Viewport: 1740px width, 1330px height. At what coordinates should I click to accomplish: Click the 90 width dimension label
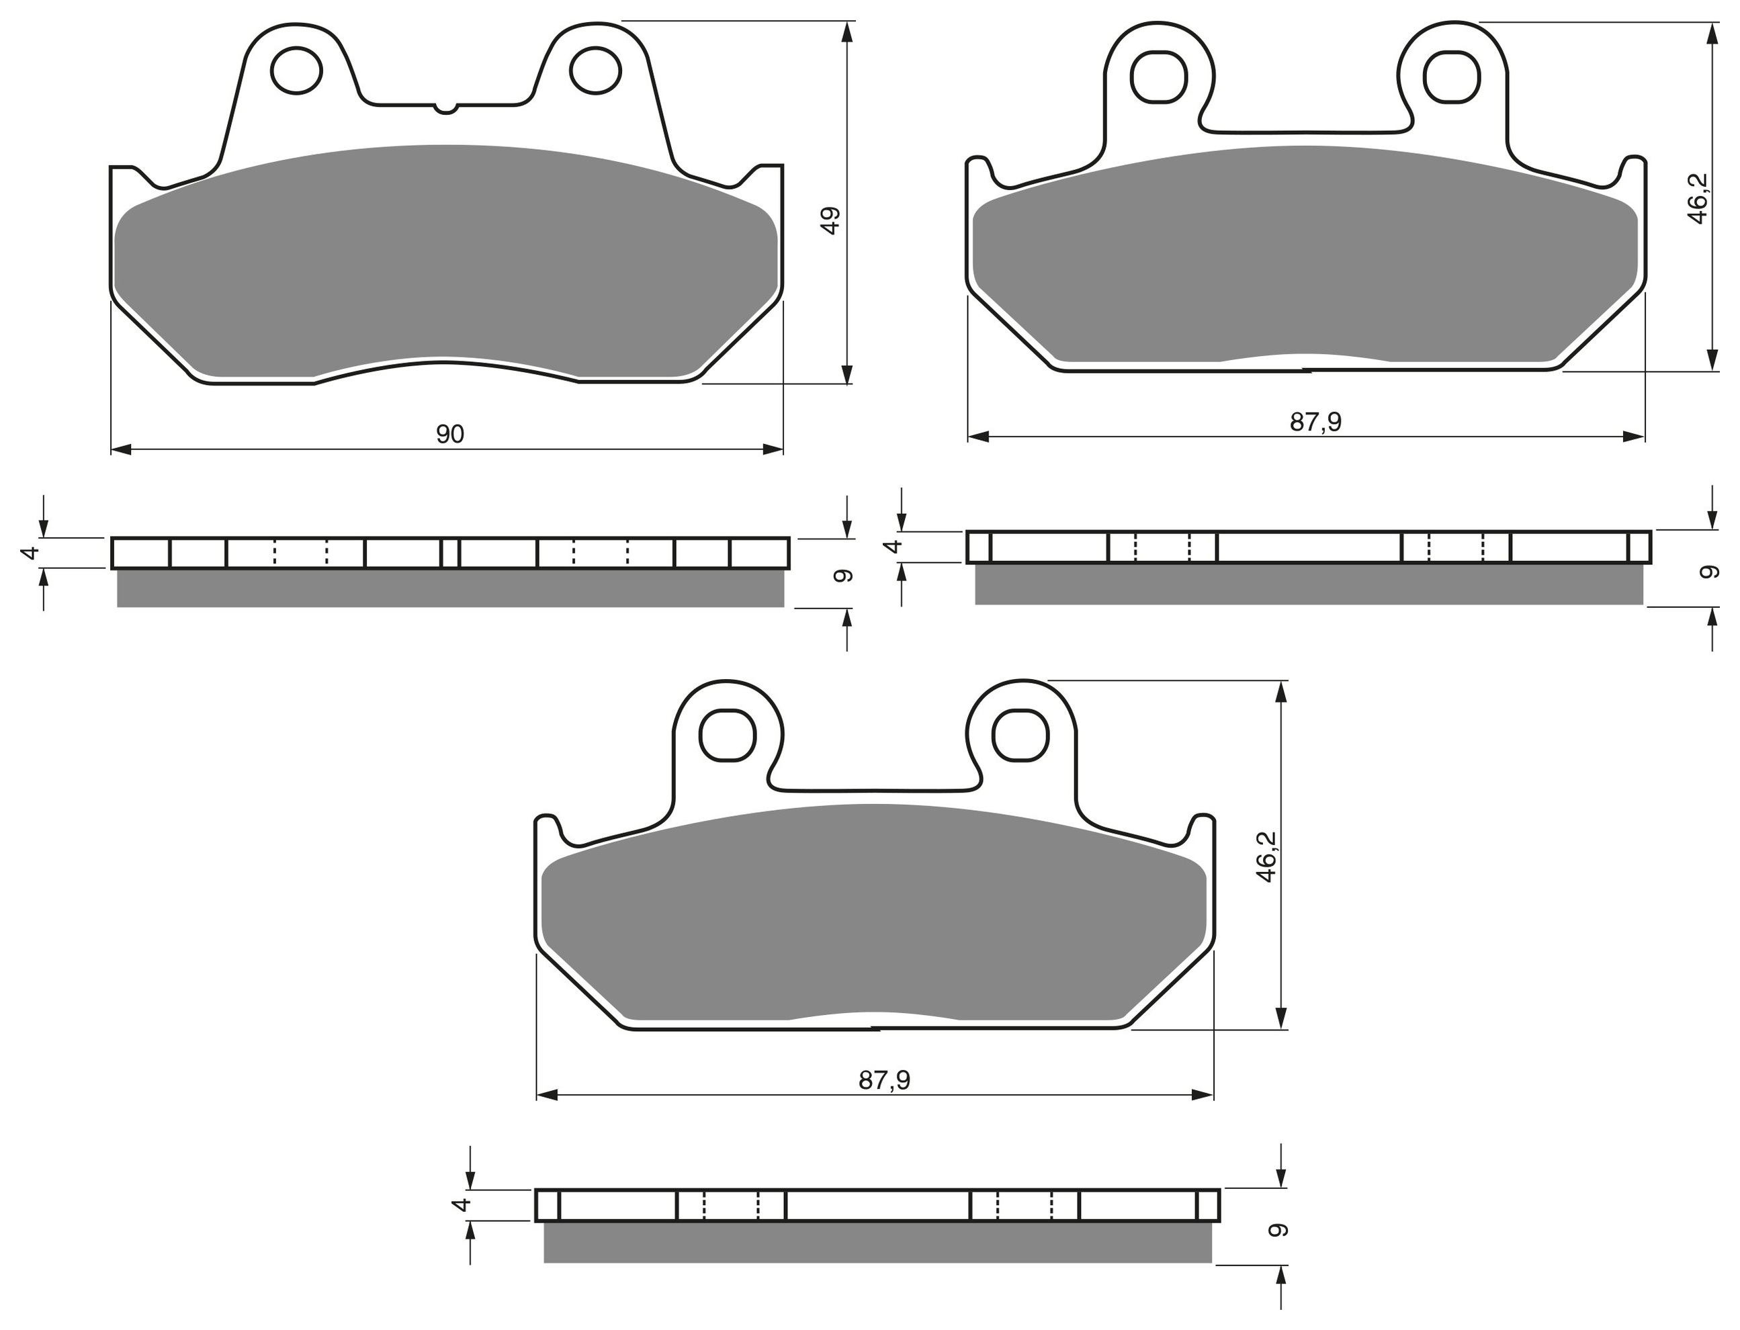click(449, 434)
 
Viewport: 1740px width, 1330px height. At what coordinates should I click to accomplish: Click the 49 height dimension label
click(830, 220)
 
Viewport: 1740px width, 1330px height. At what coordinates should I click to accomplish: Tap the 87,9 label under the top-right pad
click(1315, 422)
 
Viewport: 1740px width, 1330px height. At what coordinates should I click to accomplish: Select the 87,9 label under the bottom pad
click(884, 1080)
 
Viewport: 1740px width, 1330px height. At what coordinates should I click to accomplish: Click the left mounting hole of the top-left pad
click(296, 71)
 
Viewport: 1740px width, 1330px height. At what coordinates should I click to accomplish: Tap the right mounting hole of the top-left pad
click(595, 71)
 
